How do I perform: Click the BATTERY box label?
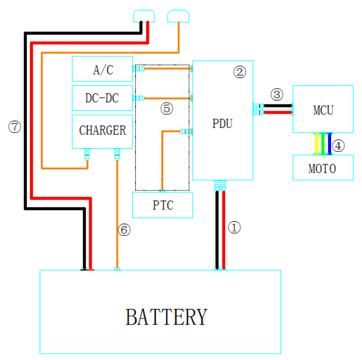tap(167, 317)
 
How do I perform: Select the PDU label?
tap(222, 124)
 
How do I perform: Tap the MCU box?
tap(323, 109)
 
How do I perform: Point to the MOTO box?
tap(322, 168)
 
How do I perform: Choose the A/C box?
tap(102, 69)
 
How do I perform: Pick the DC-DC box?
tap(102, 98)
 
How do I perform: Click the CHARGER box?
tap(102, 131)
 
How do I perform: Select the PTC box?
tap(162, 205)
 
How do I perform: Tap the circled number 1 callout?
tap(236, 228)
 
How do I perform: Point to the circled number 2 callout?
tap(239, 72)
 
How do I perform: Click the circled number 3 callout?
tap(277, 94)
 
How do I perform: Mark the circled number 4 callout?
tap(339, 145)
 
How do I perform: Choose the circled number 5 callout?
tap(167, 109)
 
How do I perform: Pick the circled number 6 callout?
tap(125, 230)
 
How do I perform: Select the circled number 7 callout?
tap(15, 128)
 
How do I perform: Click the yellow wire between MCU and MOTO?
tap(317, 144)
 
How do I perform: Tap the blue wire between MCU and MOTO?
tap(330, 144)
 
